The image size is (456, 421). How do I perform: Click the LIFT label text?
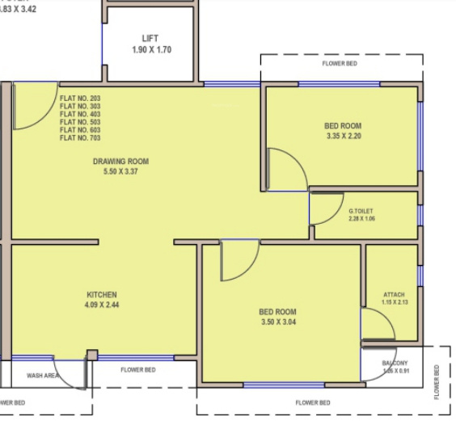(x=151, y=39)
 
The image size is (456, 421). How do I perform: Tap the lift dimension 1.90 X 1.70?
(x=151, y=50)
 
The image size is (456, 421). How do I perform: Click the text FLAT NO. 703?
(x=80, y=138)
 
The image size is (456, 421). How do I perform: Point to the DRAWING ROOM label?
(x=120, y=162)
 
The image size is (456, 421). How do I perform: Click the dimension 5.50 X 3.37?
(x=120, y=172)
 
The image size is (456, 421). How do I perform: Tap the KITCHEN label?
(x=103, y=294)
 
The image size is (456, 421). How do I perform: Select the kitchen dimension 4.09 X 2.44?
(x=103, y=305)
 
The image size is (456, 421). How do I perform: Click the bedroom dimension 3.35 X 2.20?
(x=343, y=137)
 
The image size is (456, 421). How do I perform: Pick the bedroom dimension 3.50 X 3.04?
(x=277, y=322)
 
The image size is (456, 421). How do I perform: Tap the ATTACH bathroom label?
(x=393, y=294)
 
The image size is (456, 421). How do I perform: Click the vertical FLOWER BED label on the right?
(x=437, y=381)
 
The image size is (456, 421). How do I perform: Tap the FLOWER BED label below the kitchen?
(x=138, y=370)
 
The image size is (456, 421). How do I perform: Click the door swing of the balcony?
(x=373, y=368)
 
